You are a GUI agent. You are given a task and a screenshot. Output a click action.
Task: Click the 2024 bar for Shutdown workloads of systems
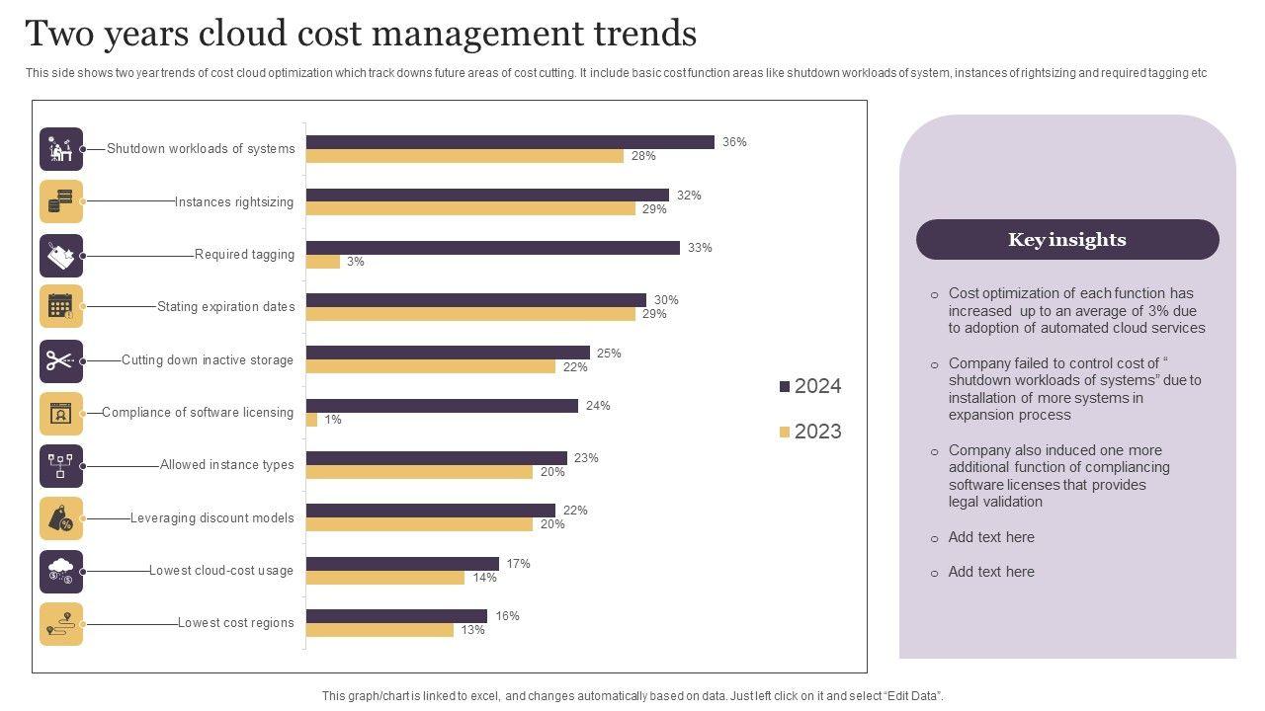510,142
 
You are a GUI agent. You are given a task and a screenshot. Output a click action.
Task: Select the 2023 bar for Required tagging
323,262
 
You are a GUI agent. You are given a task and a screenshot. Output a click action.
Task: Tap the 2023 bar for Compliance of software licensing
312,420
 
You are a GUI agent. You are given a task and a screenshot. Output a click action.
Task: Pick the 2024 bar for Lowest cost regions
396,616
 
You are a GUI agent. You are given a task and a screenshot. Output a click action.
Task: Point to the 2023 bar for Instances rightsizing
470,208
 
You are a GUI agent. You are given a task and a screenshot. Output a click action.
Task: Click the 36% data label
734,142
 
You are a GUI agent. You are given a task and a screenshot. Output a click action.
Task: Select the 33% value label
700,248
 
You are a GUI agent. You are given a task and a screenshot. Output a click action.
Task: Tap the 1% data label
333,420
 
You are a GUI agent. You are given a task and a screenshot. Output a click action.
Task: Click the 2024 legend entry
810,386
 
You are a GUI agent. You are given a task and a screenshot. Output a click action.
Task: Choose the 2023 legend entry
810,432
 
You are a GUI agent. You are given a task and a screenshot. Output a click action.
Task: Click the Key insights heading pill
1067,240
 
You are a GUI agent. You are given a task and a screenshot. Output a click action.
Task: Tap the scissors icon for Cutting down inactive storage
61,360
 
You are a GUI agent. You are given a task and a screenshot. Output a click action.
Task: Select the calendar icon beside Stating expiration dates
61,307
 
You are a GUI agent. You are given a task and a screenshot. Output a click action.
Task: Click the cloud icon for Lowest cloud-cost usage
61,571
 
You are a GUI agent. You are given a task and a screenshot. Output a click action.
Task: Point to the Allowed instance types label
226,465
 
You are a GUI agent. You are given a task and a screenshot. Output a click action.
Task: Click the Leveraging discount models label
212,518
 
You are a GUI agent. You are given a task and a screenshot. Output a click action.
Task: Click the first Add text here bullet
991,537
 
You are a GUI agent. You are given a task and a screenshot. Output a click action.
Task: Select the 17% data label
518,564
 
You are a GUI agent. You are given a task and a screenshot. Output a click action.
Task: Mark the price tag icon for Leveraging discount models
61,518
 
